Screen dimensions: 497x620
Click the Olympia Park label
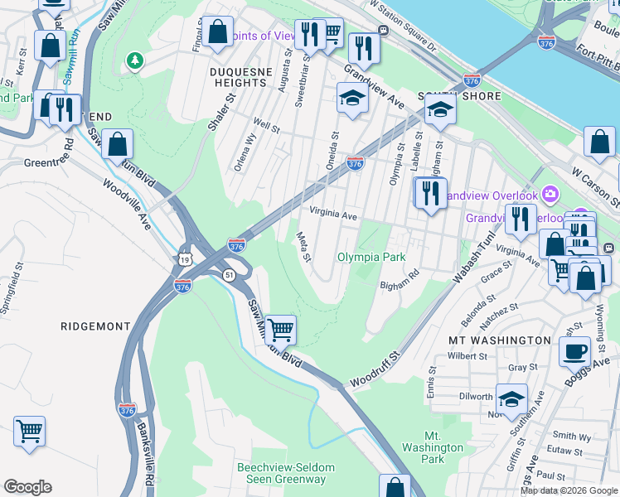point(371,257)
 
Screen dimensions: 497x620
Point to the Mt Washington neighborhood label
point(499,340)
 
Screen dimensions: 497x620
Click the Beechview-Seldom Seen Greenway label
point(282,473)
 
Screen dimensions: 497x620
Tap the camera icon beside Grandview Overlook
point(550,195)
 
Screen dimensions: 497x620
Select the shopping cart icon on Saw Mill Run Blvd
point(281,329)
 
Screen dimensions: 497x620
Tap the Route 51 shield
point(227,274)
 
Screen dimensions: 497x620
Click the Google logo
point(27,487)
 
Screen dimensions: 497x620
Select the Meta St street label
point(303,247)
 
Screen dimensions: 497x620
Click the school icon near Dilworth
point(511,398)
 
